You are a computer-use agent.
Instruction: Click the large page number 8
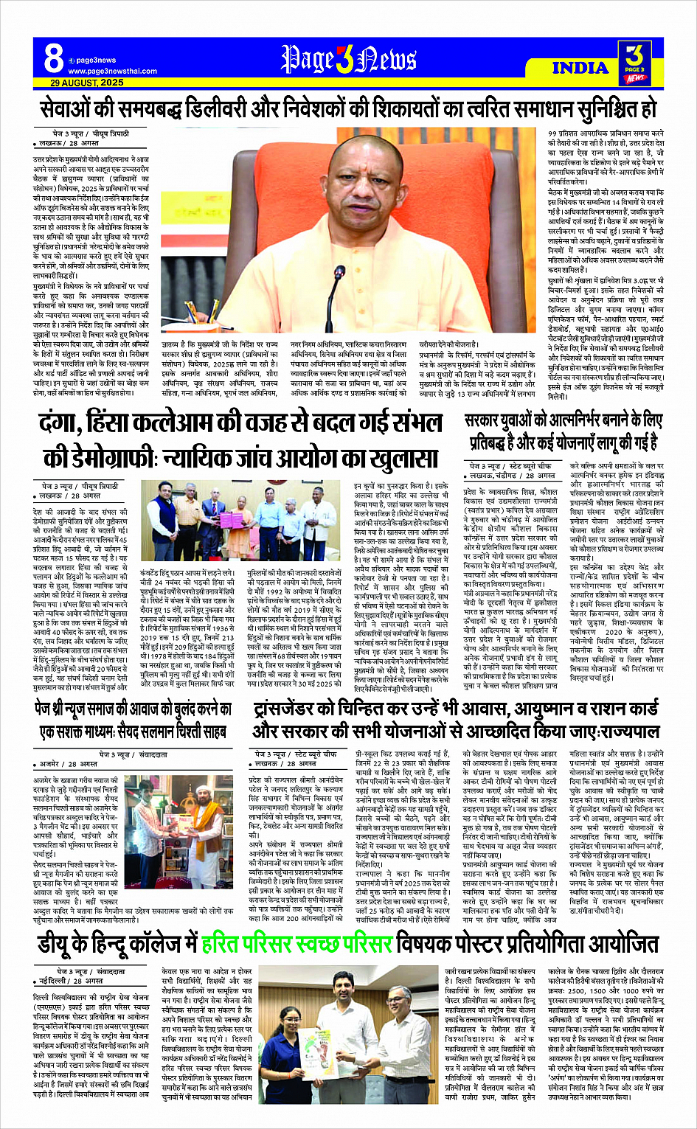click(52, 58)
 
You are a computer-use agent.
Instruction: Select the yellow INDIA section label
click(580, 68)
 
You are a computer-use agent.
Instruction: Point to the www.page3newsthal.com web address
click(112, 72)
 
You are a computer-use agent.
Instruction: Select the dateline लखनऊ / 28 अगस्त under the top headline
click(70, 143)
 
